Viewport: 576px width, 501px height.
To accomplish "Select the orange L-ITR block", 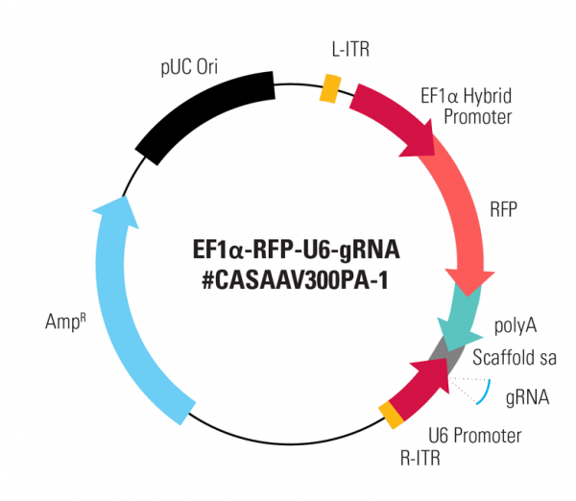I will click(329, 87).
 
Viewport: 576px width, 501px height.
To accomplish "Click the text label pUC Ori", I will click(188, 67).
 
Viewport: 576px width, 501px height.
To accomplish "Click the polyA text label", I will click(516, 326).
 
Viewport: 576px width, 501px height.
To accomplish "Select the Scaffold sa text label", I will click(515, 357).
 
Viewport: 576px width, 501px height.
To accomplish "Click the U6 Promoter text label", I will click(476, 436).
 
